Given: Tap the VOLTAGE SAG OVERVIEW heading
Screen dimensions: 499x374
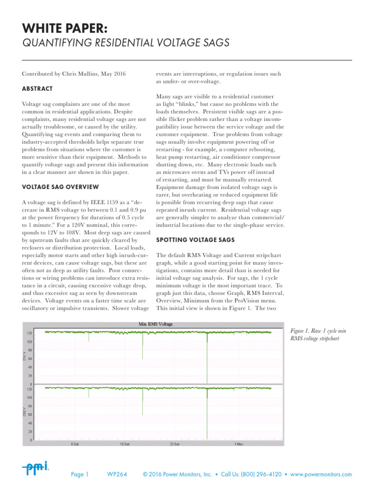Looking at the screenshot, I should click(x=60, y=187).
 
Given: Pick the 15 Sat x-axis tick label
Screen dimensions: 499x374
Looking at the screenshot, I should click(x=125, y=444).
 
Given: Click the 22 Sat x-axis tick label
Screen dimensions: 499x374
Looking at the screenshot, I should click(x=175, y=444).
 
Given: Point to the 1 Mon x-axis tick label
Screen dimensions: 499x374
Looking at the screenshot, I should click(x=239, y=444).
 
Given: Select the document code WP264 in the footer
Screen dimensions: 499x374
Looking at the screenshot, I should click(x=117, y=475).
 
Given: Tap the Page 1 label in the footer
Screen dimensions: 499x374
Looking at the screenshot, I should click(x=80, y=475).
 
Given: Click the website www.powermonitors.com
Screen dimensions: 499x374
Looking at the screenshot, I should click(x=321, y=475).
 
